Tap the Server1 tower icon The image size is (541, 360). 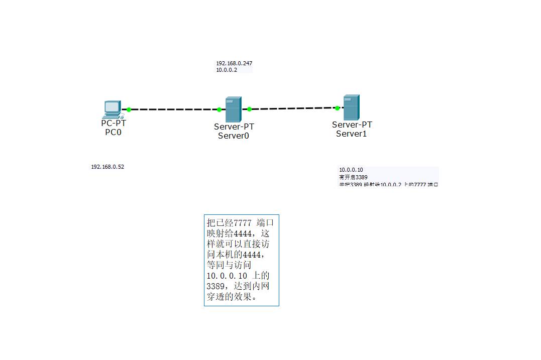pos(351,107)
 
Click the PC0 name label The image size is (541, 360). pos(113,133)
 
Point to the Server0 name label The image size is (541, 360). pos(234,136)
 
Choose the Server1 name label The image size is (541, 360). pos(352,134)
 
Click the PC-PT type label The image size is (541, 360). pos(114,123)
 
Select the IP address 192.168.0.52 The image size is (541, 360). pos(107,167)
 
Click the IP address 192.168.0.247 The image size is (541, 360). pos(234,63)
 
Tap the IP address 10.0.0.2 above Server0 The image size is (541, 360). pos(227,70)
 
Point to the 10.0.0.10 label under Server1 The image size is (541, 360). pos(351,170)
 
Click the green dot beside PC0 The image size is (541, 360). pos(129,109)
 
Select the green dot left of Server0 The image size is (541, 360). pos(219,109)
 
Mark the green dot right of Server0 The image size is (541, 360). pos(249,109)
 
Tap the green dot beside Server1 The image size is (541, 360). pos(337,108)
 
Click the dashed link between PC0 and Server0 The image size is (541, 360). pos(173,109)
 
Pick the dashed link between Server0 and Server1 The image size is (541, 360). pos(293,108)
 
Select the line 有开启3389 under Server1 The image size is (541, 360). pos(353,177)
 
